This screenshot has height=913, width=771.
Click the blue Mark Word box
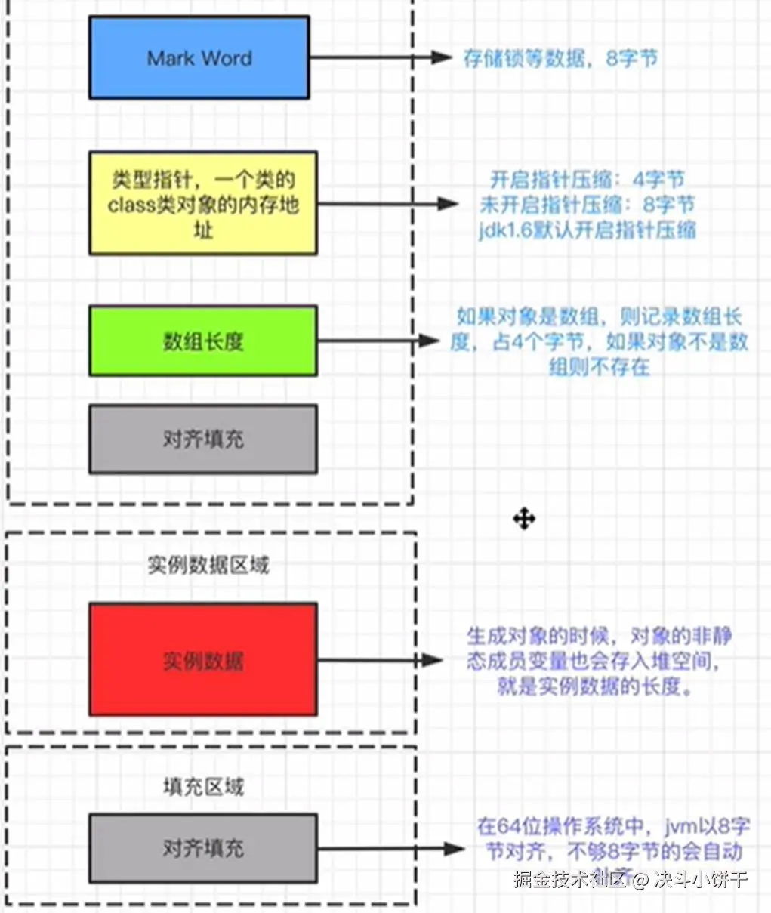tap(199, 58)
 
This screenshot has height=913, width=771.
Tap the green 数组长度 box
tap(202, 341)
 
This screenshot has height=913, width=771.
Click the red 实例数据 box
tap(202, 659)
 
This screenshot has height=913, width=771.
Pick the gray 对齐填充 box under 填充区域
tap(202, 848)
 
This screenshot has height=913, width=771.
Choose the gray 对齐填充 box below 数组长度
tap(202, 439)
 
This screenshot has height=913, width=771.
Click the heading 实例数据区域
tap(208, 564)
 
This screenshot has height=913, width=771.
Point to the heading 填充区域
tap(203, 787)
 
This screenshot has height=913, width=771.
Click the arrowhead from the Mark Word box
tap(441, 57)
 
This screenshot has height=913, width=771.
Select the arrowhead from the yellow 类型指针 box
tap(448, 203)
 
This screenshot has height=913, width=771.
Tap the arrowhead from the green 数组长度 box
tap(430, 341)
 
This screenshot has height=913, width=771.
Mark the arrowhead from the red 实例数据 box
tap(432, 660)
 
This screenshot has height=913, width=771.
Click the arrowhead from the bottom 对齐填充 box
tap(453, 849)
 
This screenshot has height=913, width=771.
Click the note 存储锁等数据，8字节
tap(560, 58)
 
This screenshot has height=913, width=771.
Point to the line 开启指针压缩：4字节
tap(587, 180)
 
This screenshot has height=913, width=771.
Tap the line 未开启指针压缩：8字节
tap(587, 205)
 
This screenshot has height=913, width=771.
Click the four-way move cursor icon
tap(524, 519)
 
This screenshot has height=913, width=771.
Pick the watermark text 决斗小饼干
tap(701, 879)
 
